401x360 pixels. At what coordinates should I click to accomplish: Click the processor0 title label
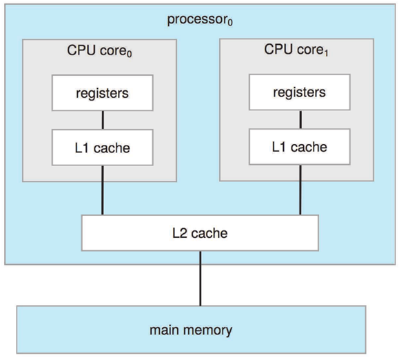pos(200,20)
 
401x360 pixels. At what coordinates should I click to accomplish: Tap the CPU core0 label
pos(99,50)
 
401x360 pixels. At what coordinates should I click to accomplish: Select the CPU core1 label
pos(296,50)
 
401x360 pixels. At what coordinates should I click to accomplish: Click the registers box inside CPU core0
pos(103,93)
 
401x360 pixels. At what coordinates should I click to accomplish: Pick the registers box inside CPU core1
pos(300,92)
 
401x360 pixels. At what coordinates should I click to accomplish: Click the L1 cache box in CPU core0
pos(103,148)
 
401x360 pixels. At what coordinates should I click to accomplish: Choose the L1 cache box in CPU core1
pos(300,147)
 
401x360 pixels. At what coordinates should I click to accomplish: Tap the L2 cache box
pos(200,233)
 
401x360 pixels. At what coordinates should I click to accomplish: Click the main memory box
pos(192,330)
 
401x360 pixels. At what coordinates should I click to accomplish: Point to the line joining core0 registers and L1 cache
pos(103,120)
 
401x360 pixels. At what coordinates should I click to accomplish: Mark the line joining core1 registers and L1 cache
pos(300,119)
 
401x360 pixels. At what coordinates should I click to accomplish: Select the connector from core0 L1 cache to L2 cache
pos(103,190)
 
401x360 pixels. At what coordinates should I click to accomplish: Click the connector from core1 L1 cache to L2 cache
pos(300,190)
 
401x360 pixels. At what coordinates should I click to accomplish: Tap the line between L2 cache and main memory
pos(200,279)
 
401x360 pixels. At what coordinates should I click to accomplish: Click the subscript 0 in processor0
pos(230,23)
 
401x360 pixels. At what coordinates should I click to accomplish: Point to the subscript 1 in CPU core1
pos(326,53)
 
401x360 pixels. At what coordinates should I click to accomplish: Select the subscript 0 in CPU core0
pos(130,54)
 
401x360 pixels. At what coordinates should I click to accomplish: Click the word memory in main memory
pos(207,330)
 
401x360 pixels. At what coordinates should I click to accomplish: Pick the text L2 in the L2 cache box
pos(180,233)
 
